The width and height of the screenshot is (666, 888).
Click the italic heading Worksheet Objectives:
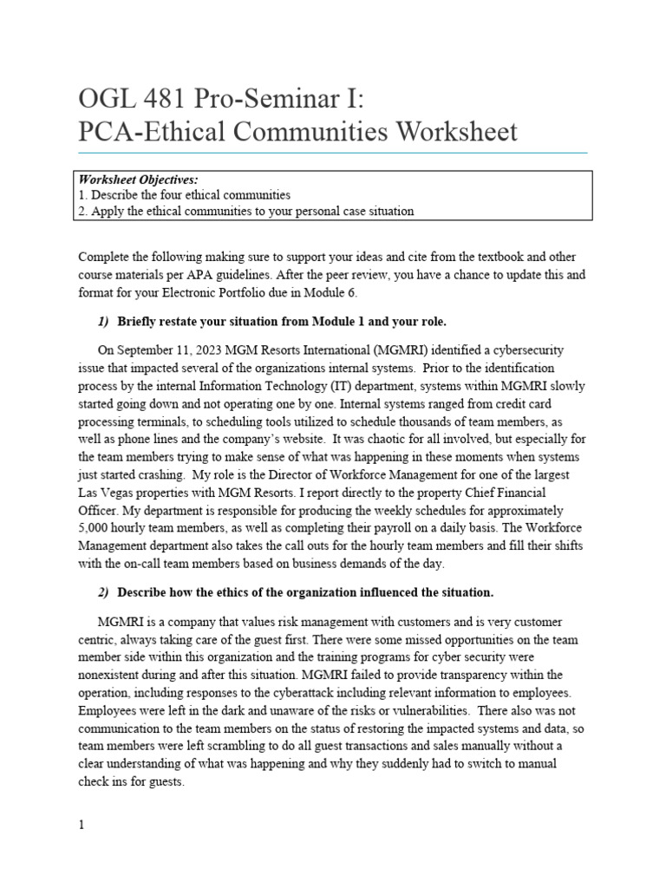coord(139,180)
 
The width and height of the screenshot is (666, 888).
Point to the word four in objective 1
coord(185,195)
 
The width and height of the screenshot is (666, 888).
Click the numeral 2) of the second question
coord(103,592)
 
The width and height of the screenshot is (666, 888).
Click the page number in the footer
coord(82,826)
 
